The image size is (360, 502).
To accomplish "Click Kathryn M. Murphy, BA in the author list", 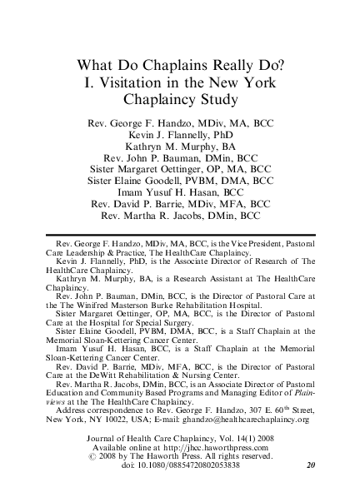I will (x=181, y=144).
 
